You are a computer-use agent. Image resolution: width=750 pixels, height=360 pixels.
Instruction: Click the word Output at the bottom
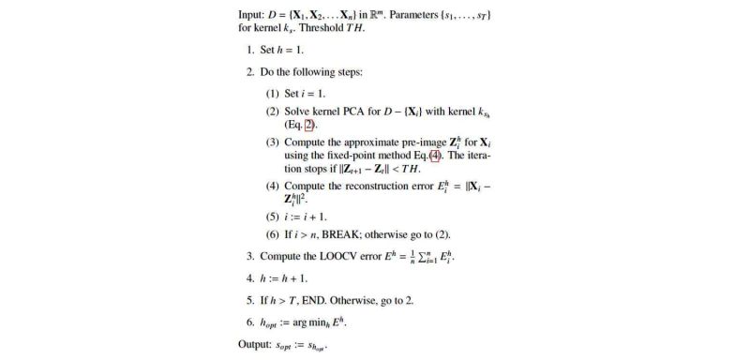tap(258, 344)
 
